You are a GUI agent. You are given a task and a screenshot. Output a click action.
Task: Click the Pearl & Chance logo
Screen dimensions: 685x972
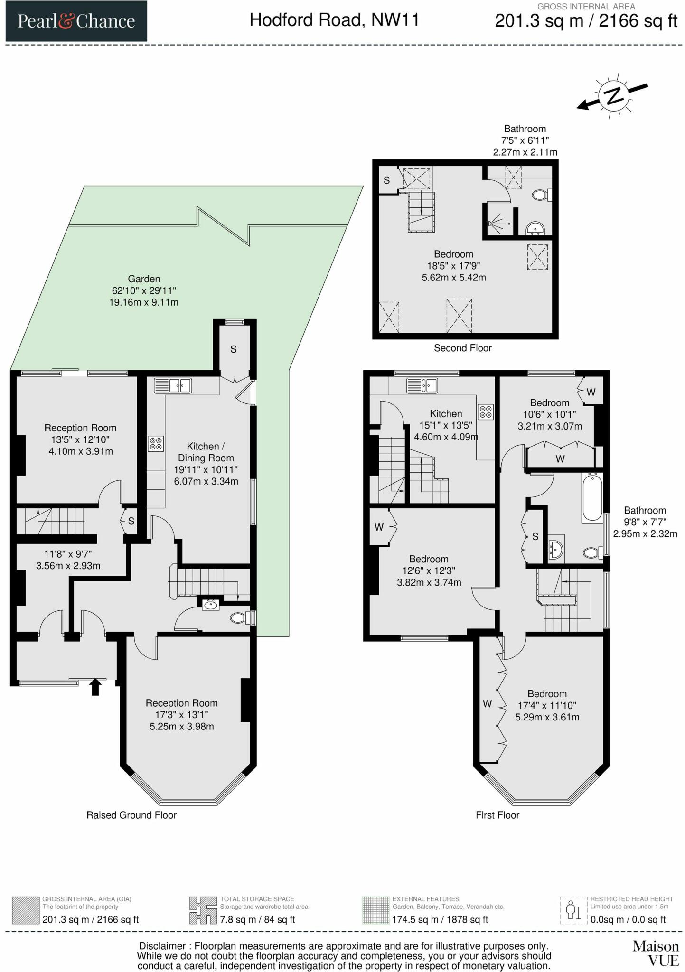[76, 21]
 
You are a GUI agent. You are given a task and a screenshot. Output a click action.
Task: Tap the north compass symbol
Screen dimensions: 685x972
[613, 96]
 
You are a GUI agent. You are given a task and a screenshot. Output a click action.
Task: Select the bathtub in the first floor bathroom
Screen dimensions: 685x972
[592, 498]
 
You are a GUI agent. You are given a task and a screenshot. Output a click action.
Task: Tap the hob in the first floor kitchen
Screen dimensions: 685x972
[486, 412]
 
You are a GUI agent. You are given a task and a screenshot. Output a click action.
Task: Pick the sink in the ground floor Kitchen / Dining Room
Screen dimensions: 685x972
[173, 385]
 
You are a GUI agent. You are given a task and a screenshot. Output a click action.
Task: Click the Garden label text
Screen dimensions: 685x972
[144, 279]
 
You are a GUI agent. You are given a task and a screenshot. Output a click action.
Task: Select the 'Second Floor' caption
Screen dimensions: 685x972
[462, 348]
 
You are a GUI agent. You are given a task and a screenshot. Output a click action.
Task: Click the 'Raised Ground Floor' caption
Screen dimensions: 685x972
[131, 815]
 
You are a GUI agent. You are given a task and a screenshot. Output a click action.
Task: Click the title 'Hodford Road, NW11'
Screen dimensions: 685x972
[335, 20]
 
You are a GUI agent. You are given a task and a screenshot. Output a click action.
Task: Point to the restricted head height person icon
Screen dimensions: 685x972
[574, 910]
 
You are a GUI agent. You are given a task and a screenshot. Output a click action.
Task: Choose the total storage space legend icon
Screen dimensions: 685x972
[203, 910]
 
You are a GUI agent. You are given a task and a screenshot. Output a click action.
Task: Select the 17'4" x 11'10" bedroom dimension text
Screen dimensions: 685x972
[547, 706]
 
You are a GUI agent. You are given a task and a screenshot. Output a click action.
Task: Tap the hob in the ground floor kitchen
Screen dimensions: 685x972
[156, 444]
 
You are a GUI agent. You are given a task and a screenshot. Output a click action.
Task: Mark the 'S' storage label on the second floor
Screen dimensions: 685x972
[386, 180]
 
